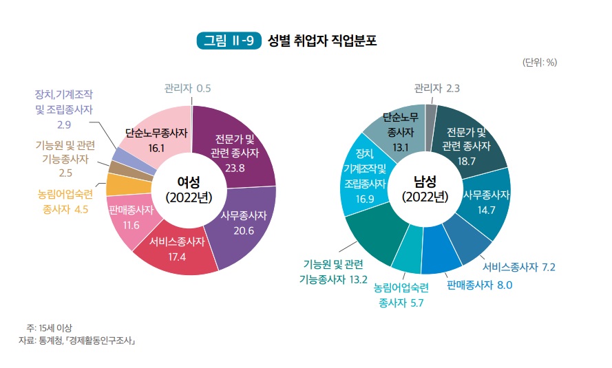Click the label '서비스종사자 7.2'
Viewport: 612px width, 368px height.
(x=520, y=267)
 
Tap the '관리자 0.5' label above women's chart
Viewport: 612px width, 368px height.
(x=187, y=88)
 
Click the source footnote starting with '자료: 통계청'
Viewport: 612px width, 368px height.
(x=77, y=340)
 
